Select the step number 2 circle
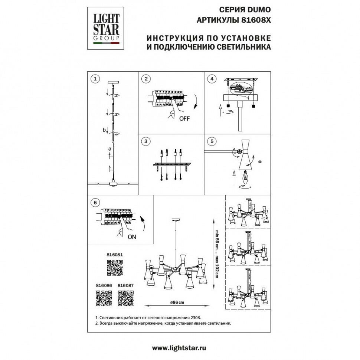[146, 79]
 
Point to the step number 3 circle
[146, 141]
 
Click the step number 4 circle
[212, 79]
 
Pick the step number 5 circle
[212, 141]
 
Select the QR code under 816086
[104, 298]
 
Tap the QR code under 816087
[125, 298]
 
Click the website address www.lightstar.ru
[179, 348]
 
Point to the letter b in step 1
[104, 130]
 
